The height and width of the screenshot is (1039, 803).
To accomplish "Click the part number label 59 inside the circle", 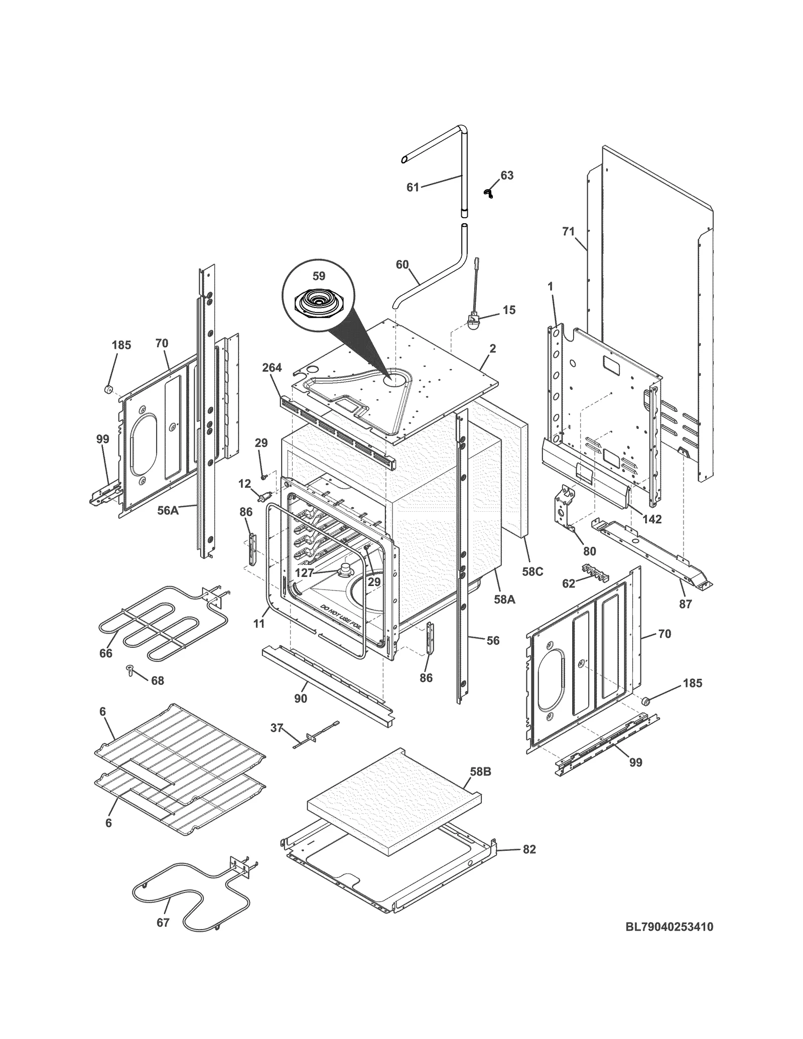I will [x=319, y=276].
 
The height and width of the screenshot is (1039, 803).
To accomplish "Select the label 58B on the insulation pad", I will [x=480, y=772].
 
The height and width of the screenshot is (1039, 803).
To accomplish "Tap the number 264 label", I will [x=272, y=368].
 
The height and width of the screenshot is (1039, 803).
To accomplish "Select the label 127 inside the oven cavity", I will [x=305, y=573].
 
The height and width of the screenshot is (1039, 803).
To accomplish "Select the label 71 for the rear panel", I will [x=568, y=231].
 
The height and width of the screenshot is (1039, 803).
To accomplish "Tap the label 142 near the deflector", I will [x=652, y=519].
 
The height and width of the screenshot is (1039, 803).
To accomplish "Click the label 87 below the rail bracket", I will [x=686, y=604].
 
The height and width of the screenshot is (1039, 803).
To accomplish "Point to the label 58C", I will [x=532, y=571].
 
